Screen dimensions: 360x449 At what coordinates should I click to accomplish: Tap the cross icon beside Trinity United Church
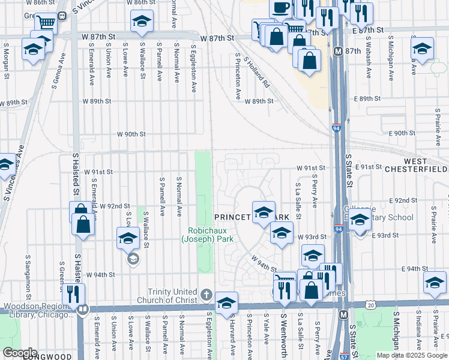206,295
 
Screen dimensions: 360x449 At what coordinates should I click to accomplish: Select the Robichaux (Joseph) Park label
210,235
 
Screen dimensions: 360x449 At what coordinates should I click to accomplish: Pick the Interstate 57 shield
344,356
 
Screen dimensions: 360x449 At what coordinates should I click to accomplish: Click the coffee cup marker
279,8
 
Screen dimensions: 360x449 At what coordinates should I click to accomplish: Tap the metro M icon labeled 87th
339,52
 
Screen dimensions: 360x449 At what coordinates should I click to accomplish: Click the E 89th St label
367,98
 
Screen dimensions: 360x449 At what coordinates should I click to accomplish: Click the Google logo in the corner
20,352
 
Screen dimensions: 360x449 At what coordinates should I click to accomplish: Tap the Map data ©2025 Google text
411,355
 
